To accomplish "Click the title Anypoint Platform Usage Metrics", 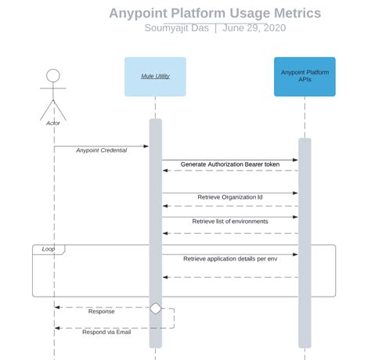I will pos(214,13).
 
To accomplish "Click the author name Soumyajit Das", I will pos(177,28).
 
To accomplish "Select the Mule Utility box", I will pos(155,77).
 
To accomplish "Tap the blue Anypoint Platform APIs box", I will pos(304,77).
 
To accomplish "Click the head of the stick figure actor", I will pos(53,76).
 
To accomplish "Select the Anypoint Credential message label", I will pos(101,150).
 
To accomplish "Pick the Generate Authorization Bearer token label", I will pos(229,164).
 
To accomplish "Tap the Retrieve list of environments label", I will pos(230,221).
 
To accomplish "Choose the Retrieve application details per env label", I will pos(230,257).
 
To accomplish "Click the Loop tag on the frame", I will pos(49,249).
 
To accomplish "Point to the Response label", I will pos(101,311).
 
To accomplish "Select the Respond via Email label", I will pos(106,332).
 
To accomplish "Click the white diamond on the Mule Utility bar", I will pos(155,308).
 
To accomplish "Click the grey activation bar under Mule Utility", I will pos(155,235).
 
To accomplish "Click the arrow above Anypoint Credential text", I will pos(101,146).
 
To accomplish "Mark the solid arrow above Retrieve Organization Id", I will pos(230,193).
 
